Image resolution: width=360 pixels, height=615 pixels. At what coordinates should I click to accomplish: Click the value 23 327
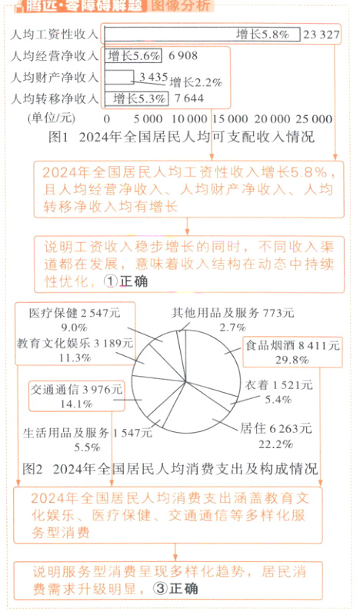tap(321, 35)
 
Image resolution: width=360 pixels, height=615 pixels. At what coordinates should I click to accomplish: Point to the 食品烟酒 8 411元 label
tap(292, 346)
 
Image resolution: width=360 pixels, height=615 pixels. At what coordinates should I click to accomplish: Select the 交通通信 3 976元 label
tap(77, 389)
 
